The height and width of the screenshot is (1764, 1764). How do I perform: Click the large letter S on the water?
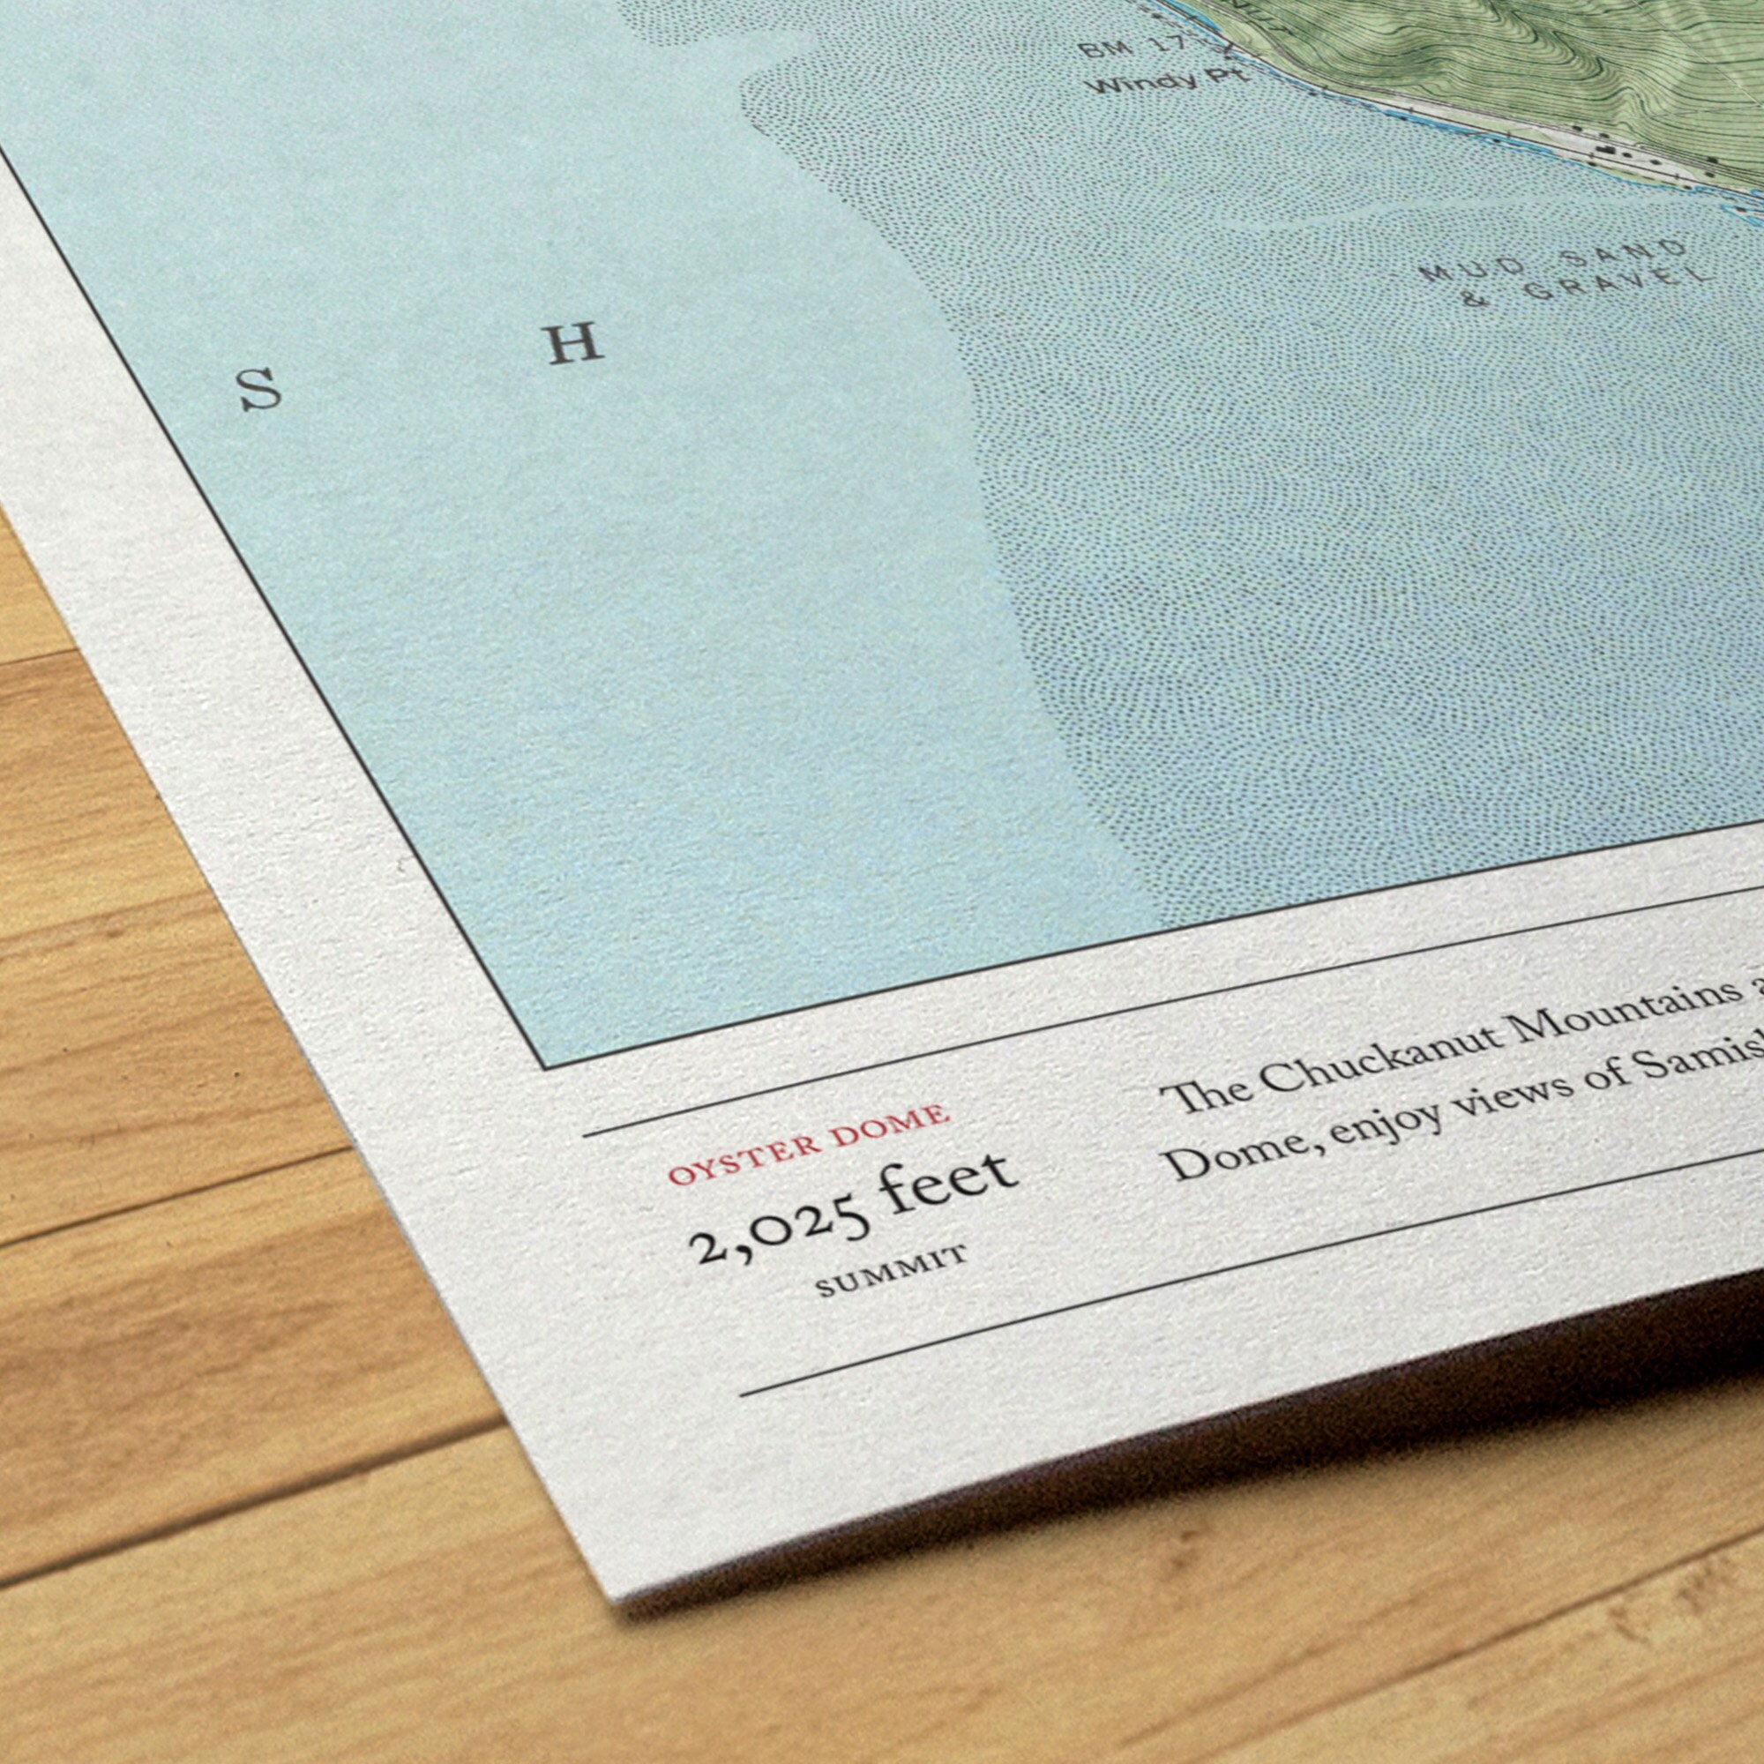point(260,389)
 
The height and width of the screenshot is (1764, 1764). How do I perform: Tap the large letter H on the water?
point(574,344)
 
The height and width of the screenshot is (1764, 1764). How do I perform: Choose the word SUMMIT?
point(890,1272)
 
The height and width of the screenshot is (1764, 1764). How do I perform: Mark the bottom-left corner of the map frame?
point(544,1068)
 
